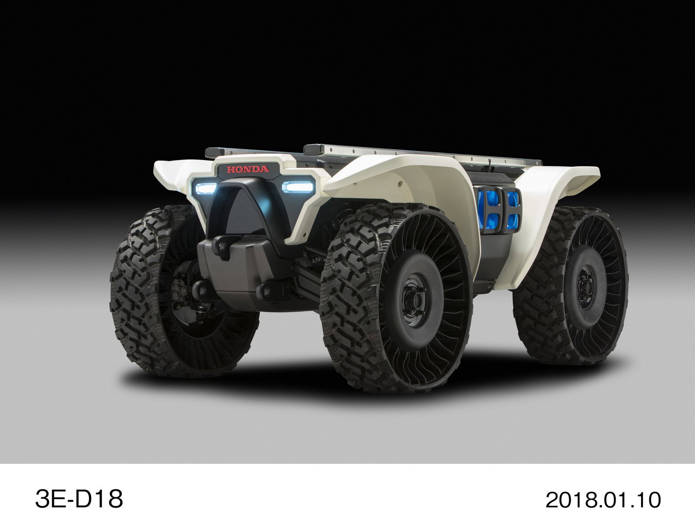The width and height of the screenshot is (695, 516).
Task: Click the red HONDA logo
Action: (x=247, y=169)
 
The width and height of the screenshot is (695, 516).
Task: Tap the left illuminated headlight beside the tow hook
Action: (x=206, y=188)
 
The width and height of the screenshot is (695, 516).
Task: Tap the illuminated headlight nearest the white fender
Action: (x=297, y=186)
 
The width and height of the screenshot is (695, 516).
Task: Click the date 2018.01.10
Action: (x=603, y=500)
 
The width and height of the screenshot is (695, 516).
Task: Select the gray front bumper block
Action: (x=243, y=270)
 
